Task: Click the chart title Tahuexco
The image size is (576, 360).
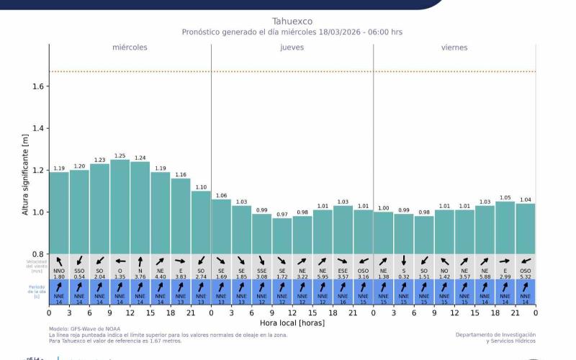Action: click(292, 21)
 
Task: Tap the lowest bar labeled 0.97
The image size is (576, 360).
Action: click(282, 234)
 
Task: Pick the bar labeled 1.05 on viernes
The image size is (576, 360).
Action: click(505, 226)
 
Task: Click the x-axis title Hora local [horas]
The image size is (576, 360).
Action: click(292, 323)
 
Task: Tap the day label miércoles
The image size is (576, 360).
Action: click(130, 48)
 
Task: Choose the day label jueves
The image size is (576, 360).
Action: click(292, 48)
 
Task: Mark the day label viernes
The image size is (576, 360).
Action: click(454, 48)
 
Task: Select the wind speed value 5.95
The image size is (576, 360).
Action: click(323, 276)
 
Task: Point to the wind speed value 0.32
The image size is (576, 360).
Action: click(404, 276)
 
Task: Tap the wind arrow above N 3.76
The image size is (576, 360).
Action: click(140, 261)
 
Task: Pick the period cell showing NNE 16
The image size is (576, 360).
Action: click(343, 292)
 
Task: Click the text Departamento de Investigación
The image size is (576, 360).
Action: click(495, 335)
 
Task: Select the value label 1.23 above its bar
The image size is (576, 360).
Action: click(99, 160)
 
